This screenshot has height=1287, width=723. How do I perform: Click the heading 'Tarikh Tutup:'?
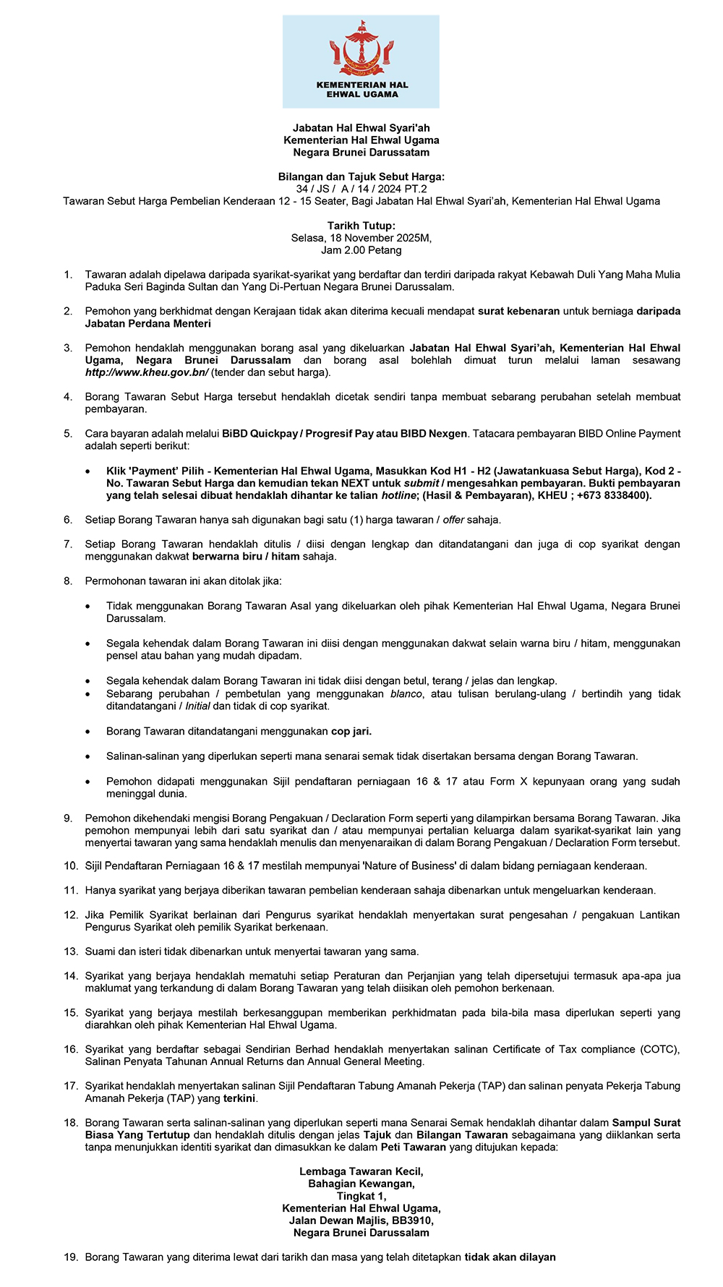coord(361,226)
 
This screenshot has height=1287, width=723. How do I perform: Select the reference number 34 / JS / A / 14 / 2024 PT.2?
coord(361,189)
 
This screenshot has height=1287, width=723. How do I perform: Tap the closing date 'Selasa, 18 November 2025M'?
coord(361,238)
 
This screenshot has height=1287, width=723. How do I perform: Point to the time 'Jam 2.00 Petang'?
coord(361,250)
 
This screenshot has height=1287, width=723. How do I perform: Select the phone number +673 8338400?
coord(612,495)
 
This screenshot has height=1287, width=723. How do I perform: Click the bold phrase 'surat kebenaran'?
coord(518,311)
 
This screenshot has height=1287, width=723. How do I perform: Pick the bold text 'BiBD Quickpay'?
coord(260,434)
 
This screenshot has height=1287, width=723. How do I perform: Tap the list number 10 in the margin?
coord(70,865)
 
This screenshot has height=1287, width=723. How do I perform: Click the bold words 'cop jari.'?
coord(351,731)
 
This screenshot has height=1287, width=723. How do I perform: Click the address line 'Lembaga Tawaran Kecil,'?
coord(361,1171)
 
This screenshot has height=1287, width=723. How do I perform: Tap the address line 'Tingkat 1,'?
coord(361,1196)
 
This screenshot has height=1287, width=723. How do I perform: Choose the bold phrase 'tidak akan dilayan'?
coord(510,1257)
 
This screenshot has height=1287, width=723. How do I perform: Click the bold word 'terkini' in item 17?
coord(240,1098)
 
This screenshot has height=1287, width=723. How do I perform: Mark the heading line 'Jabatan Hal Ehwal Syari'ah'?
coord(361,128)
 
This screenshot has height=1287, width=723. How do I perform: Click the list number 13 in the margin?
coord(70,952)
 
